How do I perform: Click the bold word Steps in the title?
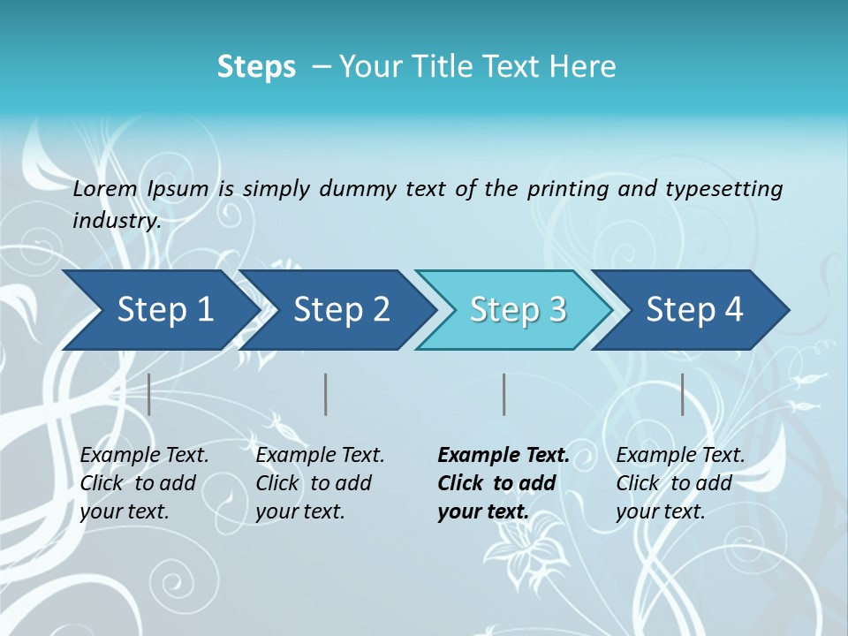coord(256,67)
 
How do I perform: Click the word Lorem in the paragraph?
coord(105,188)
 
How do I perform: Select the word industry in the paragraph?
coord(116,220)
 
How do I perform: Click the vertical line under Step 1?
coord(149,394)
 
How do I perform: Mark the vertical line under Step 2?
coord(326,394)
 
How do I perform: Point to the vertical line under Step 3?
coord(504,394)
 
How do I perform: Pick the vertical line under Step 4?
coord(683,394)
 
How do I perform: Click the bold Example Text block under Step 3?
coord(502,483)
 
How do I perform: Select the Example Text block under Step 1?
coord(144,483)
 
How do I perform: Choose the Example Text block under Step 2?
coord(320,483)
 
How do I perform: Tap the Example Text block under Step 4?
coord(679,483)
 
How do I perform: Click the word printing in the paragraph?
coord(565,188)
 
